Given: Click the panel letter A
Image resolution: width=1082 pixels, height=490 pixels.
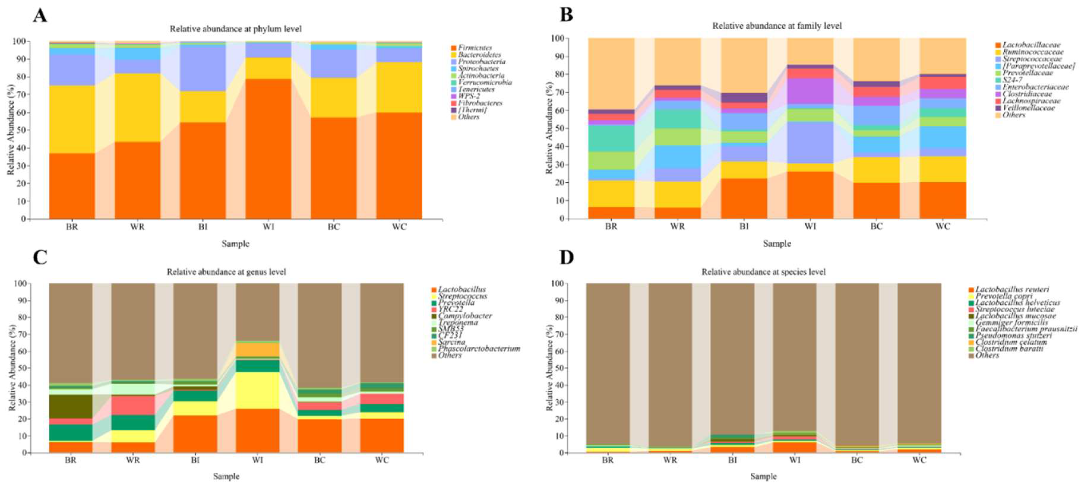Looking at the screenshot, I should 40,16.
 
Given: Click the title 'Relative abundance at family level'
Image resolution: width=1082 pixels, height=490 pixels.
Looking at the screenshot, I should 777,26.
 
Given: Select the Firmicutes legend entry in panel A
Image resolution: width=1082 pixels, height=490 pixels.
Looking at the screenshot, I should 475,48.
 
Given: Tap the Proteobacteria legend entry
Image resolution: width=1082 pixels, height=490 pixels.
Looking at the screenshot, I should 481,62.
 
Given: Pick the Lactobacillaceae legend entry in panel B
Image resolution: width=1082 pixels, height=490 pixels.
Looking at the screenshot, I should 1031,45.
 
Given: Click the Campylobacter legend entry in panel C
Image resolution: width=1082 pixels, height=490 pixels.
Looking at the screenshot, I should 465,316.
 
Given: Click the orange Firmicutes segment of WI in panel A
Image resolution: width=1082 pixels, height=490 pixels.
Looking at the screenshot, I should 268,149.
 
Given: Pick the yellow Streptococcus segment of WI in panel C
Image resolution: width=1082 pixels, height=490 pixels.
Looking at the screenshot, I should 257,390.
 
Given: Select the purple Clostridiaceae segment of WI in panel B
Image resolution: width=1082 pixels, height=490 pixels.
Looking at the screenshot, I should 810,91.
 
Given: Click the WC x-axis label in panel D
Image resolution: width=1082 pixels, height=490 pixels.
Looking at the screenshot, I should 919,460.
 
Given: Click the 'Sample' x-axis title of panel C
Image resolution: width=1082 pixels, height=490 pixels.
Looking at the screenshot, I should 226,476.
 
